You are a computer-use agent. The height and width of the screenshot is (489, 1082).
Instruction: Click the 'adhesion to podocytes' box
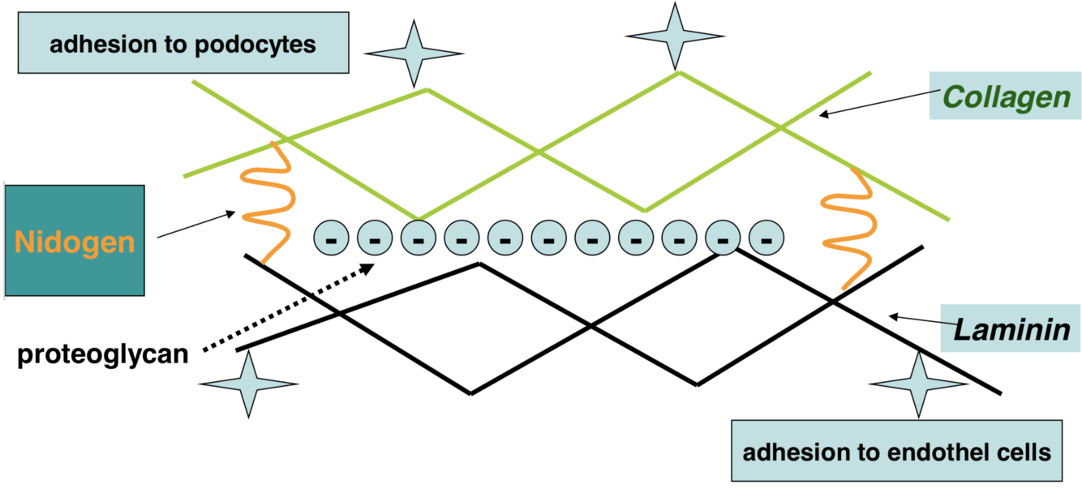point(182,43)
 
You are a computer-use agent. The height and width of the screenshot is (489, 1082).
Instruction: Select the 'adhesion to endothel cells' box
point(896,451)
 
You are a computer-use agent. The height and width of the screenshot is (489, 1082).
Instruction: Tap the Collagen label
point(1006,97)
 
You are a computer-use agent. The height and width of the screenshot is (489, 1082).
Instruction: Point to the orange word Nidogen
point(75,242)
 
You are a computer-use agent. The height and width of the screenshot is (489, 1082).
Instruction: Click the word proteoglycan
point(103,355)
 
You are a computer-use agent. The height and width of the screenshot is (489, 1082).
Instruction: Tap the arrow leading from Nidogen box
point(195,226)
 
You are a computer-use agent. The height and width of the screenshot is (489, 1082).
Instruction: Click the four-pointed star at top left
point(414,54)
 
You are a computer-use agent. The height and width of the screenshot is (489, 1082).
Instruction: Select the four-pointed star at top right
point(674,36)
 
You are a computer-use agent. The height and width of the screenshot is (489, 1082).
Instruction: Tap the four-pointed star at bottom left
point(248,384)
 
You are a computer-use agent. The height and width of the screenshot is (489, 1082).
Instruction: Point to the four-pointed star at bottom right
point(918,384)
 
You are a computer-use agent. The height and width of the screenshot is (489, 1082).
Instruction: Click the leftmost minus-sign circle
point(331,237)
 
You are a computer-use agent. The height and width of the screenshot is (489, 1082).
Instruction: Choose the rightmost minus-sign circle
point(766,237)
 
